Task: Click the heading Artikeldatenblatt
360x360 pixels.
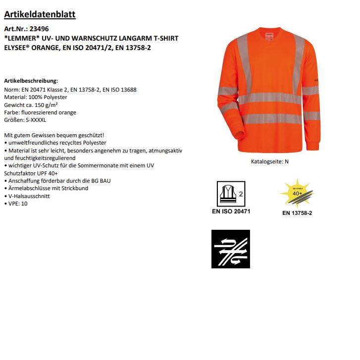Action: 40,14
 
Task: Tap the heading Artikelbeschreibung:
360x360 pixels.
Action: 31,80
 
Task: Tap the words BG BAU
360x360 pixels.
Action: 101,181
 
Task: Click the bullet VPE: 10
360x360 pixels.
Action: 17,204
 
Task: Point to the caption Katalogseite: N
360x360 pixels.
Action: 270,161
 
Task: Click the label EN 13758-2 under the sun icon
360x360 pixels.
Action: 297,213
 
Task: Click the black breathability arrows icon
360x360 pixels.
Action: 231,249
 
